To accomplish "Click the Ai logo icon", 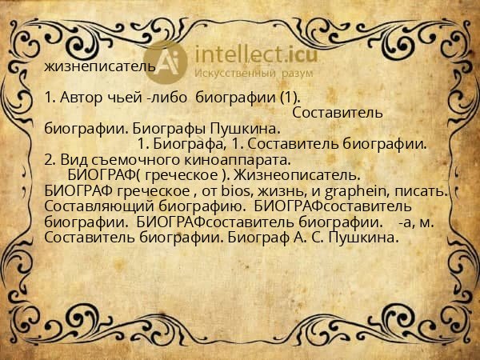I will click(x=172, y=61).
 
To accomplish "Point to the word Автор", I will click(x=78, y=98).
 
